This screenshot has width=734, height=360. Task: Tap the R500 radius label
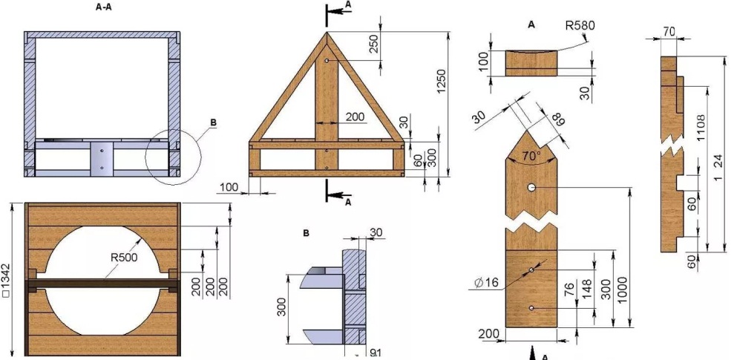coord(125,258)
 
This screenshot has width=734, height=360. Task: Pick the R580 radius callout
coord(580,26)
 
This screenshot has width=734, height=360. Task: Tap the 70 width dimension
coord(669,31)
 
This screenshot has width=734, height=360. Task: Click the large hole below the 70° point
coord(532,189)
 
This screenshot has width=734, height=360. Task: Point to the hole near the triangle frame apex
coord(327,62)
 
